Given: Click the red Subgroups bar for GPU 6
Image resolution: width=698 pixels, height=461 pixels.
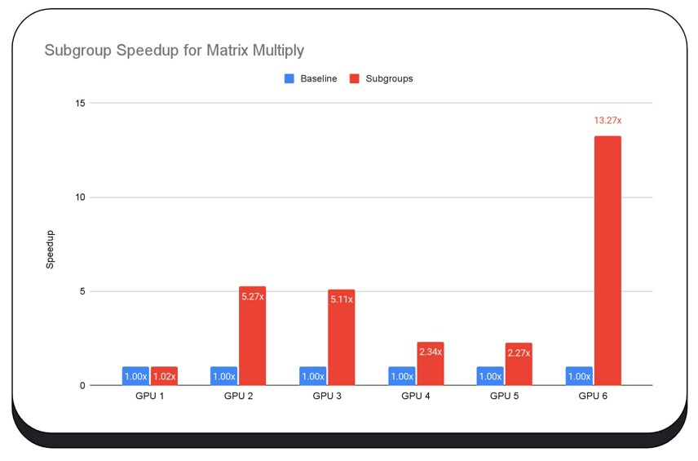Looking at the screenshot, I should pos(607,261).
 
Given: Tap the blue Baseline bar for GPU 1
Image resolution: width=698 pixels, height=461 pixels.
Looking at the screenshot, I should pos(135,376).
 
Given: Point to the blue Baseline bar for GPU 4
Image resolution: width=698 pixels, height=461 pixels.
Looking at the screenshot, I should pos(402,376).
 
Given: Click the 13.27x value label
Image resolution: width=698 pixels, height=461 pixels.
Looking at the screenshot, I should pos(607,121).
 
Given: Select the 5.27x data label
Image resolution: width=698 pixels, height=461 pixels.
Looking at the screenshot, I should pos(253,296).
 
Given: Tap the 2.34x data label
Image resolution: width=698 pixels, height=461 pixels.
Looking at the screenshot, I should pos(431,352).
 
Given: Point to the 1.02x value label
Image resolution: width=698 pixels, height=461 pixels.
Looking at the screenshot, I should pos(164,376).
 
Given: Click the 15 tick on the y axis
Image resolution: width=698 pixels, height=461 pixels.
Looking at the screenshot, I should pos(81,103).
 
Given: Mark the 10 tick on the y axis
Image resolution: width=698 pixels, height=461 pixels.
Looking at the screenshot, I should pos(81,197).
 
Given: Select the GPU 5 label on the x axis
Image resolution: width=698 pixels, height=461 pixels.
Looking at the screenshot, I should pos(505,396).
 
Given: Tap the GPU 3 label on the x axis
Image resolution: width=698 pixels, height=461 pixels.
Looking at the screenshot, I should pos(327,396).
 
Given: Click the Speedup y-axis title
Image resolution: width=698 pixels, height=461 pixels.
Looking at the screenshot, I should pos(50,249).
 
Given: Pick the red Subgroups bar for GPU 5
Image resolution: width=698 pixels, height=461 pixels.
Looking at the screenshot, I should pos(519,365).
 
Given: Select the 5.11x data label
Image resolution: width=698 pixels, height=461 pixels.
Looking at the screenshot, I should pos(342,299).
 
